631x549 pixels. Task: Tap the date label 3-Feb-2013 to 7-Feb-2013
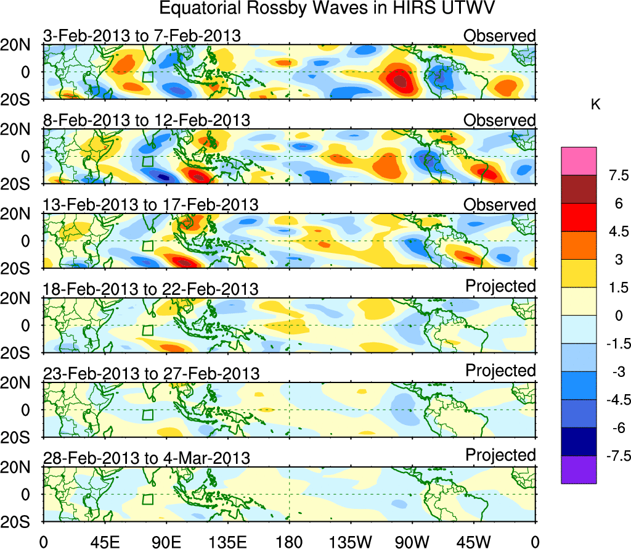142,36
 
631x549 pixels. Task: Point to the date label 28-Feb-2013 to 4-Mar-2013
147,458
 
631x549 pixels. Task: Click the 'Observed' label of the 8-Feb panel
500,120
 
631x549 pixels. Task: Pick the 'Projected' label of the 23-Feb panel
500,371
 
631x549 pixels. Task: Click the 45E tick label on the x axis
104,542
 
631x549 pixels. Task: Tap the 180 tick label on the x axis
289,542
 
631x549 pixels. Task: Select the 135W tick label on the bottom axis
350,542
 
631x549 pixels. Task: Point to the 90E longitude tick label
166,542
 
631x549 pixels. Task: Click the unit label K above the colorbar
595,105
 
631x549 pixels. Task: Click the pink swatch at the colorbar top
579,161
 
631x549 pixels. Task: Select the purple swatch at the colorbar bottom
579,470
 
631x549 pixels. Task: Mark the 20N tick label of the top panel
19,45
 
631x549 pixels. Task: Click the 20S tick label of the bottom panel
19,522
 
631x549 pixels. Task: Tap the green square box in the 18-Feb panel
147,331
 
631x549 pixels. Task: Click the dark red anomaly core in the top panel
401,80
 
